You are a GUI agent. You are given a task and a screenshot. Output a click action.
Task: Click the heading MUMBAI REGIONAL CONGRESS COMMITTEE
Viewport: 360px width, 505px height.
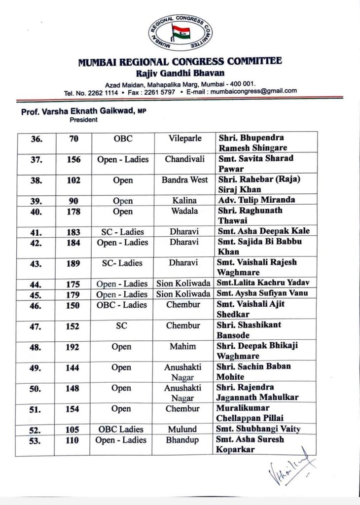tap(180, 62)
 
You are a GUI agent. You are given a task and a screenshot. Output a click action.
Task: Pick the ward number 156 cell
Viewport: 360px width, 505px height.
tap(73, 159)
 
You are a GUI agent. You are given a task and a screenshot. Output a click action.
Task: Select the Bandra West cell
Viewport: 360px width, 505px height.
tap(184, 180)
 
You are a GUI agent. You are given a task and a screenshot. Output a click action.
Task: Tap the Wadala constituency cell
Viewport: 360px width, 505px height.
tap(184, 212)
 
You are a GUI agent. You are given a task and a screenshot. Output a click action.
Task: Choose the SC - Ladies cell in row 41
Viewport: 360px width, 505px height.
tap(122, 231)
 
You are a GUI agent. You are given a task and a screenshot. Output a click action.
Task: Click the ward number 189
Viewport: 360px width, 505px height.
tap(73, 263)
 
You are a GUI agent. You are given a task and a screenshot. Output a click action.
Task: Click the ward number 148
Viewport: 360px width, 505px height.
tap(73, 388)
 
